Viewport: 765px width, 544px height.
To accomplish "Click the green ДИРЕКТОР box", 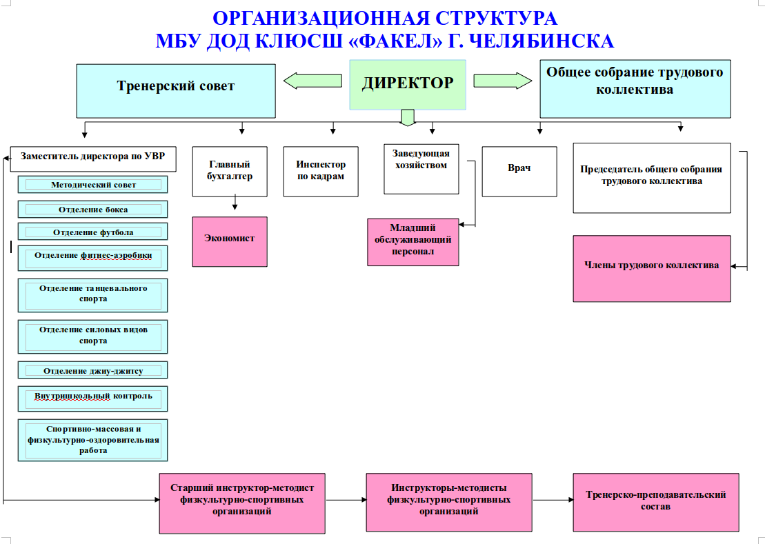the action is (408, 85).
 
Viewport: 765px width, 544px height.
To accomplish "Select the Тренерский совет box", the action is (176, 91).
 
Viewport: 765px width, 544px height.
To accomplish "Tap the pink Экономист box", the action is (230, 242).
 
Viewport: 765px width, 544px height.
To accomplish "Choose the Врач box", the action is (519, 172).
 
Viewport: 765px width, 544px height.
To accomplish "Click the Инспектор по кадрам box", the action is (321, 172).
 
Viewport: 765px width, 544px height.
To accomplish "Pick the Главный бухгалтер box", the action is (230, 172).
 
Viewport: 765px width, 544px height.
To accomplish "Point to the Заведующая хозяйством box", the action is (421, 169).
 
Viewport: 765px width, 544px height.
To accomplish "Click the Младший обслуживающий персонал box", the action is (413, 242).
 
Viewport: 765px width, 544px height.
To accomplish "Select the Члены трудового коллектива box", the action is (652, 269).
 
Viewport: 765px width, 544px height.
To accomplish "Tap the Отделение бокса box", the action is (92, 209).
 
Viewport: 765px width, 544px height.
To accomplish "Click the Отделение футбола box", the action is (92, 232).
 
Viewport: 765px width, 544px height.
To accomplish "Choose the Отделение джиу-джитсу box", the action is (92, 370).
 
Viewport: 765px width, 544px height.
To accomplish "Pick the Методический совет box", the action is (92, 184).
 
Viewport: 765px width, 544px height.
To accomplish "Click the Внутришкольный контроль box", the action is (92, 399).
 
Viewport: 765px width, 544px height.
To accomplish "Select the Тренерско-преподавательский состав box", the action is (656, 502).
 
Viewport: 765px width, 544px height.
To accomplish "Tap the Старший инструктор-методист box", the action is (242, 503).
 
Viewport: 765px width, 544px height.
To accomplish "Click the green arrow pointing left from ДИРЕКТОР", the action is (312, 81).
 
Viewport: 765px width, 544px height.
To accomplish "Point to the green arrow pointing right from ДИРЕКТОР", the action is (502, 81).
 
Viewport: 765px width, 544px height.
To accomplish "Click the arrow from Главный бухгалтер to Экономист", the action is (235, 202).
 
